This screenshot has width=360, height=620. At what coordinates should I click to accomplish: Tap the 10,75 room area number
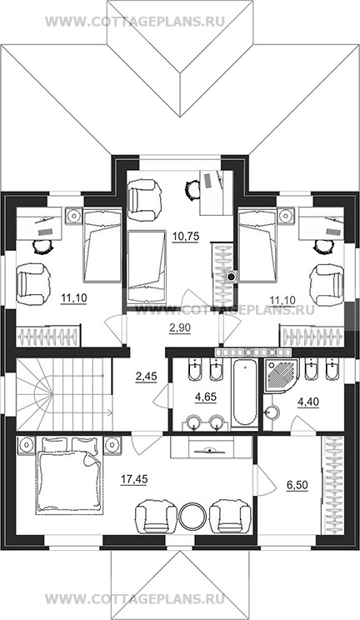pos(185,237)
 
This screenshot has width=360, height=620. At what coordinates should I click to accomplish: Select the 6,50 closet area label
pos(297,486)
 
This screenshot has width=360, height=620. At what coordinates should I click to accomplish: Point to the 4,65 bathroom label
pos(206,397)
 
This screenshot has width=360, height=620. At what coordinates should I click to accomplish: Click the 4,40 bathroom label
pos(308,402)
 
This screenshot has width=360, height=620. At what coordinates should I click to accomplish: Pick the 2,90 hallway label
pos(180,327)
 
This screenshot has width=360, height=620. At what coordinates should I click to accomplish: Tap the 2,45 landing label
pos(146,377)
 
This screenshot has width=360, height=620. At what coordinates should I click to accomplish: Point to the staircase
pos(64,394)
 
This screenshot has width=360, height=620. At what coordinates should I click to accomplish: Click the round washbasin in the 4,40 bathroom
pos(272,412)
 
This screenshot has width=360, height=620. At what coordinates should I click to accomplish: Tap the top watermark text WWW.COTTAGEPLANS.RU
pos(135,21)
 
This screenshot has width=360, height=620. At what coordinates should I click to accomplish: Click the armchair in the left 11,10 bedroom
pos(33,285)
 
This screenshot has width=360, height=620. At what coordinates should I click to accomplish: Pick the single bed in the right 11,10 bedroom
pos(257,246)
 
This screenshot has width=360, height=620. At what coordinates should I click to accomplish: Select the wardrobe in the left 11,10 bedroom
pos(48,336)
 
